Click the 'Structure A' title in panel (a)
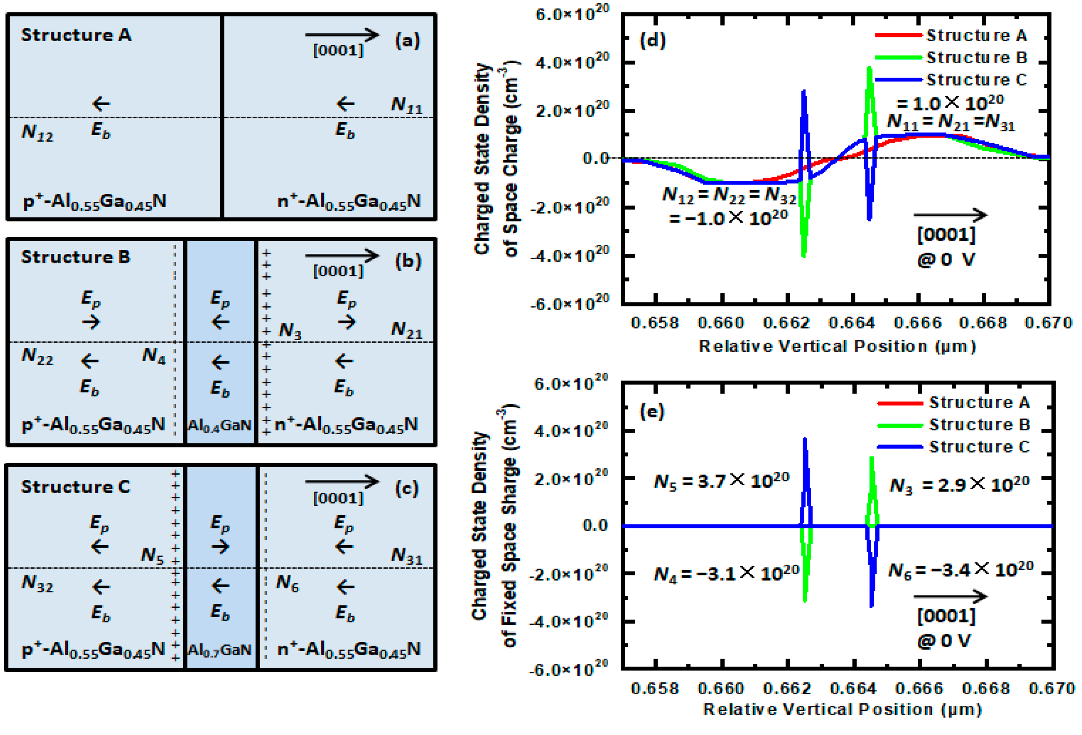[76, 35]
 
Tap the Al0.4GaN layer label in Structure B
[219, 425]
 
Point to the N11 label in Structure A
[406, 105]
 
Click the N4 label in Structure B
[154, 356]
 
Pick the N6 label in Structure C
[287, 583]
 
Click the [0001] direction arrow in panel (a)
[342, 35]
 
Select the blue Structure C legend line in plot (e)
[900, 447]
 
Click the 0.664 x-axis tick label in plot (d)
[852, 323]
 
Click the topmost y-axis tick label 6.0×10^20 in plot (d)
[572, 14]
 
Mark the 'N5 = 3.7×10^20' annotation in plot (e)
[722, 481]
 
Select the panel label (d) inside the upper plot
[653, 41]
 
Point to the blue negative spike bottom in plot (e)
[872, 606]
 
